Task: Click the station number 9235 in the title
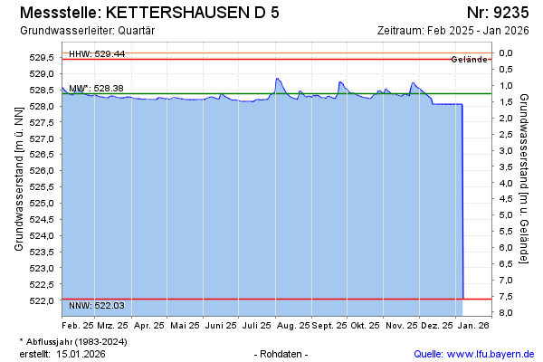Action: click(513, 14)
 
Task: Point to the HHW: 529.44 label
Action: click(97, 54)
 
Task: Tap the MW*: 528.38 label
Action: click(96, 89)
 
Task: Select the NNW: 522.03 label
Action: click(97, 305)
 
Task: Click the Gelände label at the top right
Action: click(470, 60)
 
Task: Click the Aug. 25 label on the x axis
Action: click(291, 324)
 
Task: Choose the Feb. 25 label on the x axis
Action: click(78, 324)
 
